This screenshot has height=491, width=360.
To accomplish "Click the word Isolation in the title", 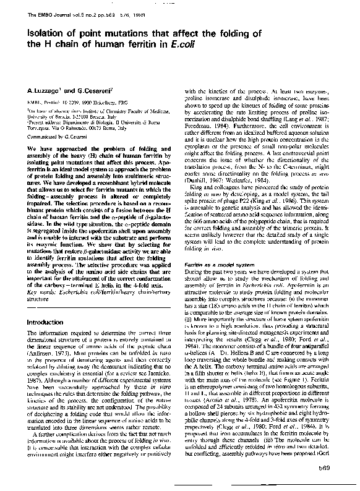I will pos(43,33).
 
